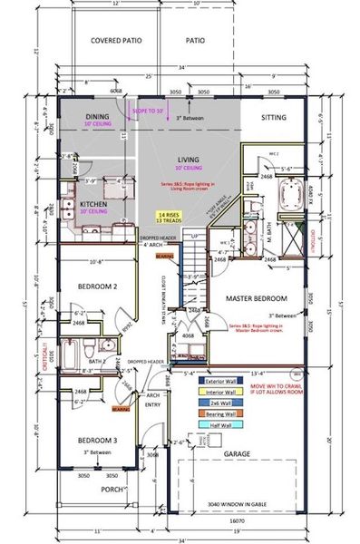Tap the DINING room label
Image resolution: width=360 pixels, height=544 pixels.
coord(97,117)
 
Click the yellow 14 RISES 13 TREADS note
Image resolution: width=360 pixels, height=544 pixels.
coord(167,219)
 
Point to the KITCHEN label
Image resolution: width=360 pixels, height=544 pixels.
coord(94,205)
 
